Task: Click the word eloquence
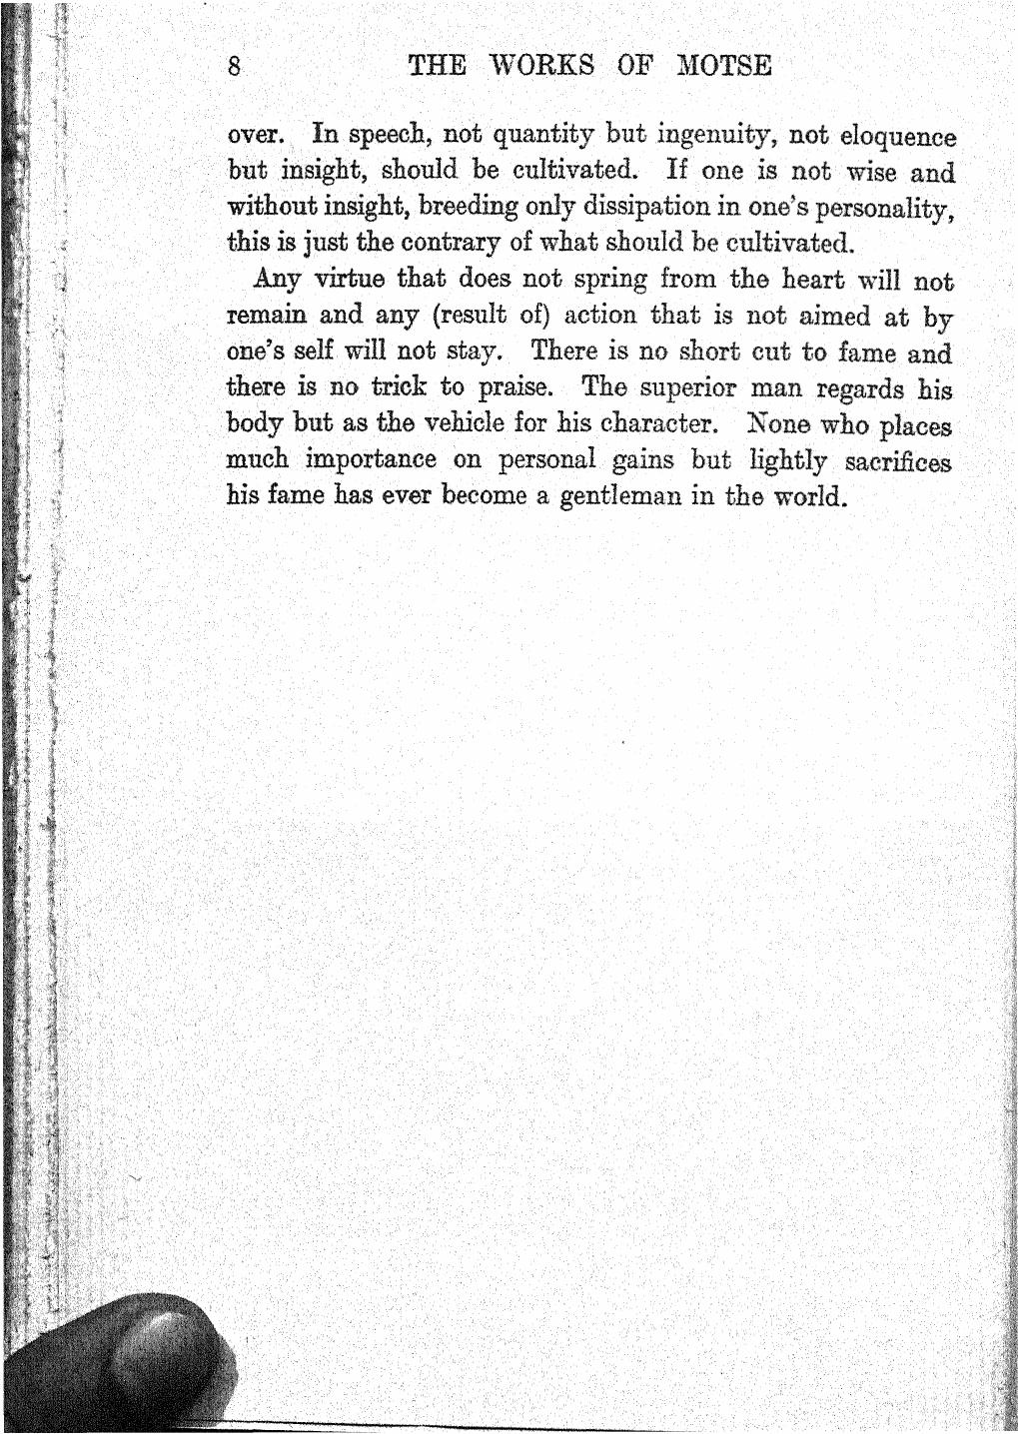click(x=897, y=136)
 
